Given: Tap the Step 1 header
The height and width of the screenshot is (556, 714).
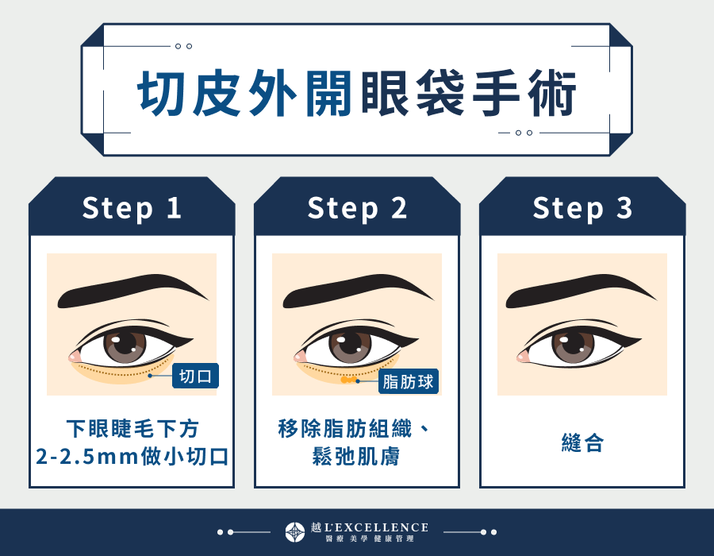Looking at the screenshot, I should [132, 208].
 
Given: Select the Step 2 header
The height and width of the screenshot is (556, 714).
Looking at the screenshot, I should [357, 208].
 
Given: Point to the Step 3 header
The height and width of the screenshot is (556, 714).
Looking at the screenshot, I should [582, 208].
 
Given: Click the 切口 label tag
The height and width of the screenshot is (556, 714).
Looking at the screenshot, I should [195, 376].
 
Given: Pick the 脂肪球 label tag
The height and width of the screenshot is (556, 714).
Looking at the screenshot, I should [409, 381].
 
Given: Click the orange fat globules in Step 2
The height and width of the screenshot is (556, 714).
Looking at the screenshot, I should [347, 381].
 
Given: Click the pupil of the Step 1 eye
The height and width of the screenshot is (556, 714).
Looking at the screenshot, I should [125, 346].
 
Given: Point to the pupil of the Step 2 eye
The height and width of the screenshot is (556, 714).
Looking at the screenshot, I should [351, 346].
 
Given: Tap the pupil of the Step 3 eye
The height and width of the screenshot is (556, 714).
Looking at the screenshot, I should [576, 346].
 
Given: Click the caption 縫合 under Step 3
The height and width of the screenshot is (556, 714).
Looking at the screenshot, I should [582, 443].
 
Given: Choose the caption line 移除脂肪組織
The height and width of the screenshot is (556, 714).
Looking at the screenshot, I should [347, 430].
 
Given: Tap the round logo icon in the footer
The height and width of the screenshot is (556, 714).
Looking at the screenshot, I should [294, 531].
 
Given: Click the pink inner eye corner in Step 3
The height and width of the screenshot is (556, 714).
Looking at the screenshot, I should [524, 357].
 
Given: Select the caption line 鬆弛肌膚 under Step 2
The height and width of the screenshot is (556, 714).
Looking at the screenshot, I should [357, 457].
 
